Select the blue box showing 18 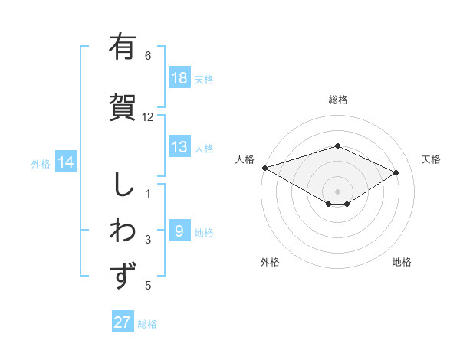click(179, 78)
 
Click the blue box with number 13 click(179, 147)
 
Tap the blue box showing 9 click(179, 231)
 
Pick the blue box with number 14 click(66, 162)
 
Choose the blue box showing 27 click(123, 322)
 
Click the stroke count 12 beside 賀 click(148, 117)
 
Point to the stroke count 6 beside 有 click(148, 55)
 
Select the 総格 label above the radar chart click(337, 100)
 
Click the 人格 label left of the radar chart click(245, 159)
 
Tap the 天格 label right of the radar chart click(432, 159)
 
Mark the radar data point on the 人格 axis click(264, 167)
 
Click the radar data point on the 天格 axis click(396, 172)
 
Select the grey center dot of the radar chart click(337, 191)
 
